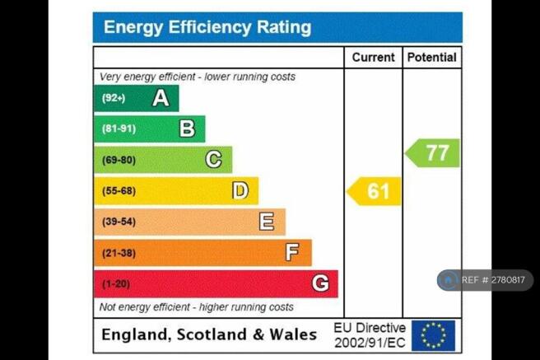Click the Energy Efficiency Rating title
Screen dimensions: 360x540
pyautogui.click(x=207, y=27)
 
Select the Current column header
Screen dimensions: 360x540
pyautogui.click(x=373, y=58)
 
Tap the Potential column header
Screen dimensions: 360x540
pyautogui.click(x=431, y=58)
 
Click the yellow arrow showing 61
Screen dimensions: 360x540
pyautogui.click(x=375, y=191)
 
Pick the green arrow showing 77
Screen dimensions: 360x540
pyautogui.click(x=433, y=153)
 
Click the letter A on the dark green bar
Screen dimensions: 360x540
pyautogui.click(x=161, y=98)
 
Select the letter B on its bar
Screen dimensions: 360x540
pyautogui.click(x=187, y=129)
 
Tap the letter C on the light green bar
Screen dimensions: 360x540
pyautogui.click(x=213, y=160)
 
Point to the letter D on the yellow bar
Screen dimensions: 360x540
pyautogui.click(x=240, y=191)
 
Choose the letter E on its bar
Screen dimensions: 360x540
pyautogui.click(x=266, y=222)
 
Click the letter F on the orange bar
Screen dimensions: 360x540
pyautogui.click(x=292, y=253)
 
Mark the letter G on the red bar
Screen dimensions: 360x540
pyautogui.click(x=319, y=284)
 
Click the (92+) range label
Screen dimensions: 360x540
pyautogui.click(x=114, y=98)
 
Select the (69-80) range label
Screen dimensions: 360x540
pyautogui.click(x=119, y=160)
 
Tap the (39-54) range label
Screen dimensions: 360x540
pyautogui.click(x=119, y=222)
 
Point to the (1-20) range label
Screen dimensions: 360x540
pyautogui.click(x=116, y=284)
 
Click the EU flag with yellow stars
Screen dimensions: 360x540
pyautogui.click(x=433, y=335)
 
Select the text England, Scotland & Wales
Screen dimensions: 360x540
pyautogui.click(x=209, y=334)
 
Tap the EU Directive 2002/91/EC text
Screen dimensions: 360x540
pyautogui.click(x=370, y=334)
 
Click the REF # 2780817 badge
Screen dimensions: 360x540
pyautogui.click(x=485, y=280)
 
